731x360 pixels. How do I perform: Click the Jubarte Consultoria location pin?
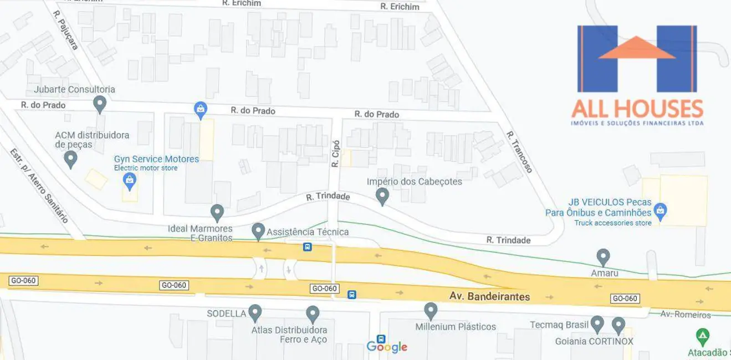[100, 103]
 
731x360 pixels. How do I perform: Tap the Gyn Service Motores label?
[156, 159]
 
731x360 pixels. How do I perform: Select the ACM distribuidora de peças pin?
[70, 159]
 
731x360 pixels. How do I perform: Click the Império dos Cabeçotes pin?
[382, 196]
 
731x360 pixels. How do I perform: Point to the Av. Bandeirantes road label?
[489, 296]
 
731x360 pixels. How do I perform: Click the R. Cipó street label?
[335, 153]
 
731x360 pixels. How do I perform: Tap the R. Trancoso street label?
[519, 152]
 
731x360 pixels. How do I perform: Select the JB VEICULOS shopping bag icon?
[660, 210]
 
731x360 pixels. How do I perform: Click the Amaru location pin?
[603, 257]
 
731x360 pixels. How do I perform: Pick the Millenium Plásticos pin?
[431, 311]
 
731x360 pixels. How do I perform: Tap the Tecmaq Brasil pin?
[597, 323]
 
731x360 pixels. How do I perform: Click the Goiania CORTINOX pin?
[618, 325]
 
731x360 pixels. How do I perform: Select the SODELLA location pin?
[255, 312]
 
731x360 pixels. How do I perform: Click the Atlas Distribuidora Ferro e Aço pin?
[313, 314]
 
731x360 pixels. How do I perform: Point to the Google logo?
[387, 347]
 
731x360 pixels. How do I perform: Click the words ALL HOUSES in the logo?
[637, 109]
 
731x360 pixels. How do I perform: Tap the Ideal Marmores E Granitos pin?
[217, 212]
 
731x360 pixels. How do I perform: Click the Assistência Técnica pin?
[258, 231]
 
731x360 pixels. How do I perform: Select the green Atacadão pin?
[703, 336]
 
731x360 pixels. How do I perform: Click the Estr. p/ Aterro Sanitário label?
[39, 186]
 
